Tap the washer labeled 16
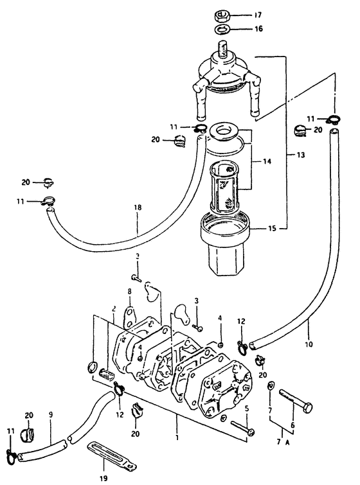tap(222, 30)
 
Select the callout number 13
tap(300, 155)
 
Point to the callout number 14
tap(267, 161)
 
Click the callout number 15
tap(271, 229)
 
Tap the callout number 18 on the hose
tap(138, 207)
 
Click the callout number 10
tap(309, 344)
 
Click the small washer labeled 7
tap(270, 386)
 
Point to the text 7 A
tap(283, 443)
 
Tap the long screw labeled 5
tap(243, 428)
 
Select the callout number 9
tap(51, 415)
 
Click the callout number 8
tap(129, 292)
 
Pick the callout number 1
tap(177, 437)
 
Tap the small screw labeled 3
tap(197, 326)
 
